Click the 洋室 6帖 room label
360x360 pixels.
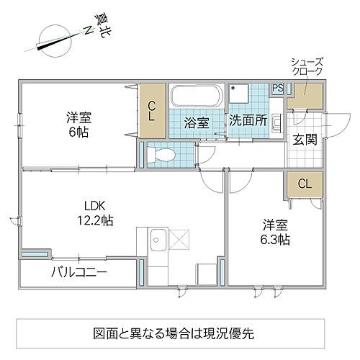78,125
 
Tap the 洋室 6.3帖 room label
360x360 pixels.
276,232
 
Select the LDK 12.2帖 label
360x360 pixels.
96,212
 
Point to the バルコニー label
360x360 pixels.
79,273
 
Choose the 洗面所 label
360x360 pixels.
248,121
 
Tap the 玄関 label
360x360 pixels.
304,139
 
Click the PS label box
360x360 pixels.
277,89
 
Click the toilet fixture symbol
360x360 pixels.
161,153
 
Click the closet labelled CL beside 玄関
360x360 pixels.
305,184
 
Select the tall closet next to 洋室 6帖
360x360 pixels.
152,111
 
